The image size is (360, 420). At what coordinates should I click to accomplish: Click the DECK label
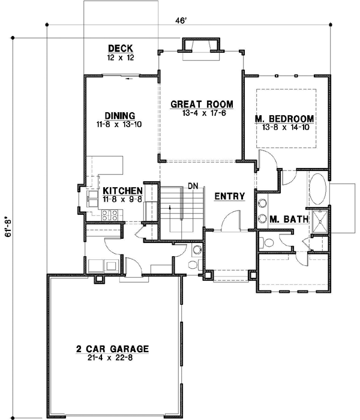pos(120,49)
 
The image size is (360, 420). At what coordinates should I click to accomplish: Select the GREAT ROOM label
pos(202,104)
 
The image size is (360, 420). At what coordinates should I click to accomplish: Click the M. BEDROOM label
pos(286,118)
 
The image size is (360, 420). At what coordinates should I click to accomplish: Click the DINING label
pos(119,116)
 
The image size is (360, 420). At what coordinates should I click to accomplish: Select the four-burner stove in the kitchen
pos(110,215)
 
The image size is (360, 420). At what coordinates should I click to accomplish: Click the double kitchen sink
pos(92,199)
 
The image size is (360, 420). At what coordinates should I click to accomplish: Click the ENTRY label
pos(228,196)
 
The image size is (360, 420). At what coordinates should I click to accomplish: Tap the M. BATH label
pos(288,220)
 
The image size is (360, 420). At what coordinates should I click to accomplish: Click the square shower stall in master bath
pos(320,221)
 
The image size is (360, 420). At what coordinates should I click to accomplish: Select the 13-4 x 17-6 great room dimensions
pos(202,113)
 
